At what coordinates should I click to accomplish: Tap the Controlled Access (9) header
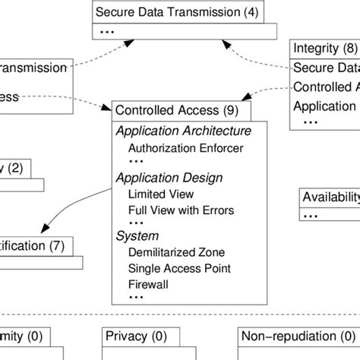[x=170, y=110]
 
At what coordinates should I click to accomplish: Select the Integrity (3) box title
[x=326, y=49]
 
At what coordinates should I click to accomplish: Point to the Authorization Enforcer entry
[x=185, y=147]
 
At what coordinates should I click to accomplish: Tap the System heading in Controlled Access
[x=133, y=236]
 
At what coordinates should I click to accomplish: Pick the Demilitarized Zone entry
[x=176, y=253]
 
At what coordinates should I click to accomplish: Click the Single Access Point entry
[x=179, y=269]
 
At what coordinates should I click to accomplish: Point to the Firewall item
[x=149, y=285]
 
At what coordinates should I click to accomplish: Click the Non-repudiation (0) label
[x=293, y=335]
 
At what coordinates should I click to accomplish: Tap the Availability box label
[x=330, y=197]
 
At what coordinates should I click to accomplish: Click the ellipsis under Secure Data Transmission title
[x=106, y=30]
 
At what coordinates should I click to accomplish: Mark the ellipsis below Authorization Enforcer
[x=136, y=162]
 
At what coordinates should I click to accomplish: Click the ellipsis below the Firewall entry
[x=136, y=298]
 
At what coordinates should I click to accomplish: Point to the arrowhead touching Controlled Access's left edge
[x=109, y=107]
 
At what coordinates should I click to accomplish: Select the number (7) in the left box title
[x=58, y=245]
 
